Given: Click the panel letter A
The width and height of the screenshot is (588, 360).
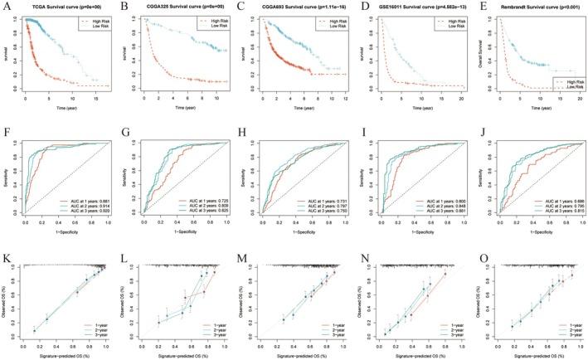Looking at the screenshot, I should (7, 7).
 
